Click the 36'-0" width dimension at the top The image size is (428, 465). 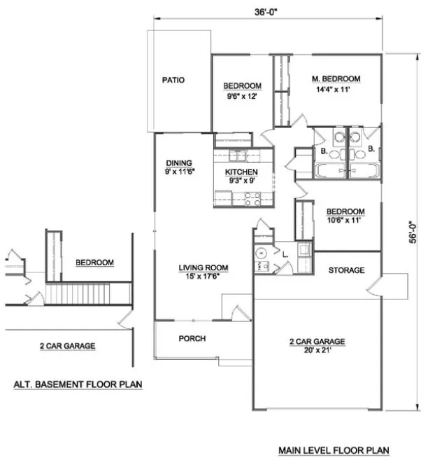click(x=268, y=11)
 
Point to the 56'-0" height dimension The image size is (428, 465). click(x=414, y=232)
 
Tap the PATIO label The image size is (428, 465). click(x=173, y=81)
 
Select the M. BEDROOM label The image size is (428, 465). click(x=336, y=78)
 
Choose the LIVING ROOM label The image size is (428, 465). click(x=203, y=268)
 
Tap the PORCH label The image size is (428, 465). click(x=192, y=338)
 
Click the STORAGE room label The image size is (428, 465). click(x=346, y=270)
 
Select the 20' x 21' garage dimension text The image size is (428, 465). click(x=318, y=351)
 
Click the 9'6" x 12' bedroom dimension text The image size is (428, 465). click(x=242, y=96)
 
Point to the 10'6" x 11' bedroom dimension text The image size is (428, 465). click(x=345, y=221)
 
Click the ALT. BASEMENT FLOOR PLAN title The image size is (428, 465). click(x=78, y=384)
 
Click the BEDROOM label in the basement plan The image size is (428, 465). click(x=94, y=263)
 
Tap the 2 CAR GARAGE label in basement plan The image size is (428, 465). click(x=67, y=346)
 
